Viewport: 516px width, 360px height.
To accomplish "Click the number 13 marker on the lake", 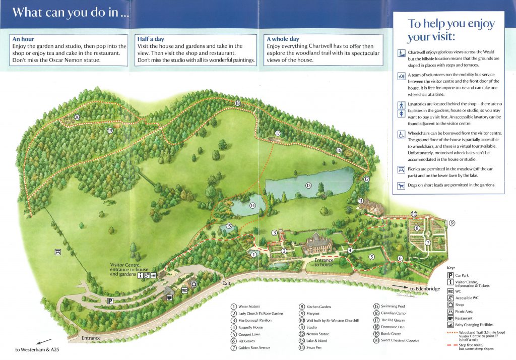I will (x=309, y=186).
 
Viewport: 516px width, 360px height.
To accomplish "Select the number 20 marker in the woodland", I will (x=77, y=117).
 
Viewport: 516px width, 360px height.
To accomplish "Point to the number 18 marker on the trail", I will (x=237, y=103).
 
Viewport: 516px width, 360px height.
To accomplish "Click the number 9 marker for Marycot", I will (x=452, y=223).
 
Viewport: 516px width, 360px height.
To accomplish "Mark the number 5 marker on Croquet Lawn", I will (x=372, y=257).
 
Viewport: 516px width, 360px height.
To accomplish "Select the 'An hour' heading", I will (x=23, y=38).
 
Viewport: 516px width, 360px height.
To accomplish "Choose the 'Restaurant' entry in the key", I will (x=464, y=318).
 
